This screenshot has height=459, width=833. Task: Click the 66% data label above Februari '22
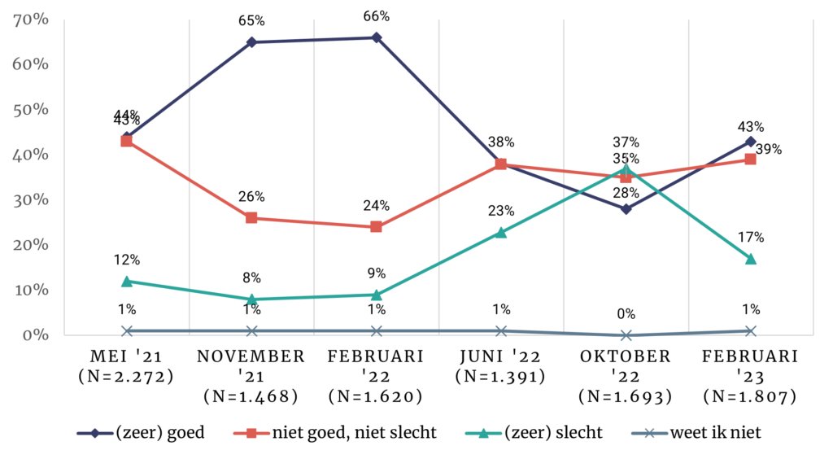pyautogui.click(x=376, y=16)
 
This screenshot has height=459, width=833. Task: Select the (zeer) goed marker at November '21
pyautogui.click(x=251, y=42)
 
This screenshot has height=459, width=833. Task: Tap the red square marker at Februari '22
pyautogui.click(x=376, y=227)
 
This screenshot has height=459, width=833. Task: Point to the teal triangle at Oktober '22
pyautogui.click(x=626, y=168)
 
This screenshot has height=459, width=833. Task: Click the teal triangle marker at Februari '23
pyautogui.click(x=750, y=259)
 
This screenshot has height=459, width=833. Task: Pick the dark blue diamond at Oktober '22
pyautogui.click(x=626, y=209)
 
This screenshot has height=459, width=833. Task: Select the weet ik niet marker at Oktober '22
pyautogui.click(x=626, y=335)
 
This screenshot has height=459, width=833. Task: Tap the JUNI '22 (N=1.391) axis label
pyautogui.click(x=501, y=366)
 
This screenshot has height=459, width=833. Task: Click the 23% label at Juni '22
pyautogui.click(x=501, y=211)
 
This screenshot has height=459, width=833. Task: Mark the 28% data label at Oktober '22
pyautogui.click(x=626, y=191)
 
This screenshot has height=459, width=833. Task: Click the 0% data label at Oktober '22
pyautogui.click(x=626, y=314)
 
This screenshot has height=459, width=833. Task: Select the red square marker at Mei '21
pyautogui.click(x=127, y=141)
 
